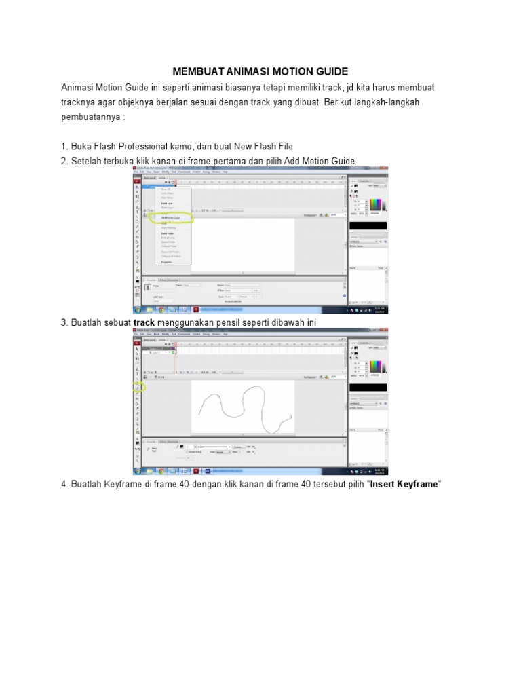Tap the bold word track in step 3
pos(144,322)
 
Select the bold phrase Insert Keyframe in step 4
pos(405,485)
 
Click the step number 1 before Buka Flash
pos(64,146)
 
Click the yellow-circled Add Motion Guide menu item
pos(172,217)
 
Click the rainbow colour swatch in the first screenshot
pos(375,206)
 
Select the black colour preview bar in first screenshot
pos(367,225)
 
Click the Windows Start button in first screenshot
pos(138,309)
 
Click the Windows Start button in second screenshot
pos(138,470)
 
